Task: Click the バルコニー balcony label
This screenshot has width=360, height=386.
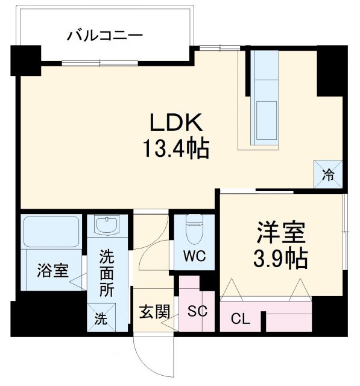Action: point(105,36)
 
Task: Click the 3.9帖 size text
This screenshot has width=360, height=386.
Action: point(281,259)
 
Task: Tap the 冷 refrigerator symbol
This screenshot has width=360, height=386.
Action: point(329,176)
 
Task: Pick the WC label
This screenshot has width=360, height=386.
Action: point(194,256)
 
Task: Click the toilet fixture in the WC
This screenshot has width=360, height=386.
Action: point(195,229)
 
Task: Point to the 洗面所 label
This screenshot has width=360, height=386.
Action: point(106,273)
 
